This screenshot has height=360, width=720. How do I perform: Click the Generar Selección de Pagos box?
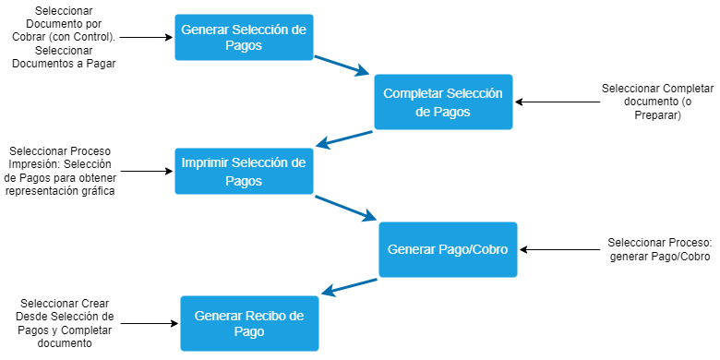pos(244,38)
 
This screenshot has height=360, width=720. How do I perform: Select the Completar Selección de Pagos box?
pos(443,102)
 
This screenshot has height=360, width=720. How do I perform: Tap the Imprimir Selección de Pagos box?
pos(244,172)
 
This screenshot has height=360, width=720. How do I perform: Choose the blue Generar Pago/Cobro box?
pos(448,249)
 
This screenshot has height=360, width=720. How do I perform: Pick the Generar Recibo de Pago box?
pos(249,323)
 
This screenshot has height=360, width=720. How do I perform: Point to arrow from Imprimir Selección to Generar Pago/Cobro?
pos(346,209)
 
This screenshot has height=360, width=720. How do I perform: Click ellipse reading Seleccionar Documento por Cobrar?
pos(63,37)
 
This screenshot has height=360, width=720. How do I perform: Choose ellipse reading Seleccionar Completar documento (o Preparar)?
pos(657,102)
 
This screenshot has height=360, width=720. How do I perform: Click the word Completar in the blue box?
pos(413,93)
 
